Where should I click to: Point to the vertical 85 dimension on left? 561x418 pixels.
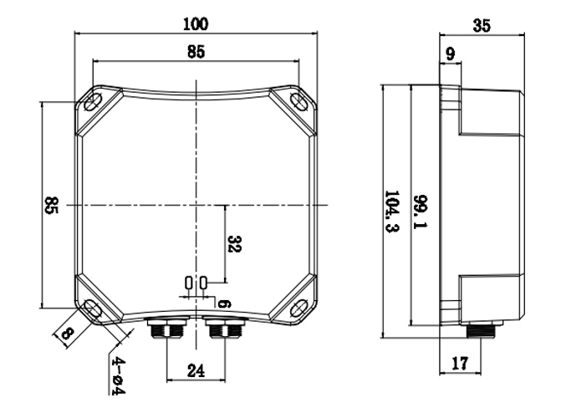(x=51, y=205)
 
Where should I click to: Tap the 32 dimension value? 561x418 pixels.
(x=235, y=243)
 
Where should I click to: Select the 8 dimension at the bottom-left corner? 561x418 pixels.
(x=67, y=334)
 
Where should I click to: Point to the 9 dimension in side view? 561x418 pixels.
(x=451, y=56)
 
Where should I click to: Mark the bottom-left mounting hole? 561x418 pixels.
(x=93, y=309)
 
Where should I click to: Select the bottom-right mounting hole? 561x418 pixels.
(x=298, y=309)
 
